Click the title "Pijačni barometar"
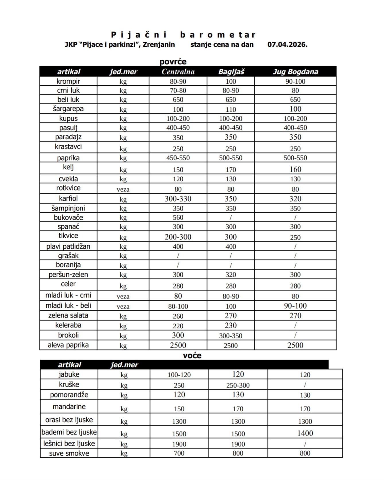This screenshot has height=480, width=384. click(183, 35)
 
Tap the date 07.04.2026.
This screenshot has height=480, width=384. click(287, 44)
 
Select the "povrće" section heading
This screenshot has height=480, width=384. click(173, 62)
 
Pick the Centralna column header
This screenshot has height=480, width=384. click(178, 72)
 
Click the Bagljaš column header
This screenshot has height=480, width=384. click(231, 72)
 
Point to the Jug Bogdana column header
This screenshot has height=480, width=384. click(295, 72)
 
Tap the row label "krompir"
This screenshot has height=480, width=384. click(68, 81)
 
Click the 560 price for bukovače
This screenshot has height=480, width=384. click(178, 218)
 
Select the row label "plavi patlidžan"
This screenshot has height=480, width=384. click(68, 246)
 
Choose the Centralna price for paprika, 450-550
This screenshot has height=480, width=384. click(178, 158)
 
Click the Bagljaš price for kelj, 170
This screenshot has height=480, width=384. click(231, 170)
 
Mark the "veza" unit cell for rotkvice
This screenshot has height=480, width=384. click(123, 189)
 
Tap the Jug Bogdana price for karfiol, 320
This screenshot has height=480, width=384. click(295, 199)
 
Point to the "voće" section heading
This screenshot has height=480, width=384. click(192, 356)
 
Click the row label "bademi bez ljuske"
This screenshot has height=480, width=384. click(69, 432)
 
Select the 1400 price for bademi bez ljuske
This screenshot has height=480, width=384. click(305, 433)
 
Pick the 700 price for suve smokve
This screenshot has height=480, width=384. click(179, 453)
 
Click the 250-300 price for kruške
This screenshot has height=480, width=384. click(238, 385)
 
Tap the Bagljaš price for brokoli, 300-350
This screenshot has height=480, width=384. click(231, 336)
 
